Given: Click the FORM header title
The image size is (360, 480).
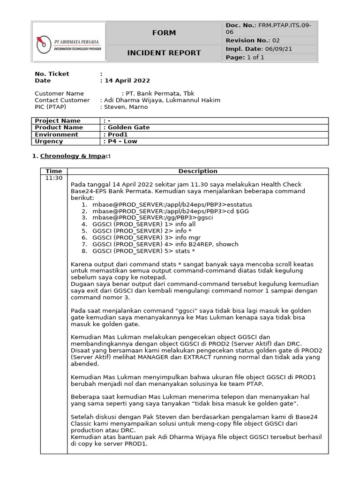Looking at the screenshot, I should pyautogui.click(x=164, y=33).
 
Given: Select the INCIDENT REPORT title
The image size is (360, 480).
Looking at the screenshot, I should pyautogui.click(x=164, y=53).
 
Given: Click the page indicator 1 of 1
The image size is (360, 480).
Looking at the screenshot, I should pyautogui.click(x=256, y=58).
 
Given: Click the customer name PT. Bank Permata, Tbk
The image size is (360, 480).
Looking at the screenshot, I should pyautogui.click(x=159, y=93).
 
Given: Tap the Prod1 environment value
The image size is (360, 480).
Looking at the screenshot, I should pyautogui.click(x=118, y=135).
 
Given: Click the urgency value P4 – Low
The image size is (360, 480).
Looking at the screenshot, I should pyautogui.click(x=122, y=141).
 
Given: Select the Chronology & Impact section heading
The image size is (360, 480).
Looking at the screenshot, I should pyautogui.click(x=75, y=156).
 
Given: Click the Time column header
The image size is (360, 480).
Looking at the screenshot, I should pyautogui.click(x=53, y=171).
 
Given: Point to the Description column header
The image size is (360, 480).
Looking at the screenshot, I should pyautogui.click(x=198, y=171).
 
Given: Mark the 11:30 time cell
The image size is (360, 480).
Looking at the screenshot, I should pyautogui.click(x=53, y=178).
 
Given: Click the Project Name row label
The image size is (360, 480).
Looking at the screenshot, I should pyautogui.click(x=58, y=120).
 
